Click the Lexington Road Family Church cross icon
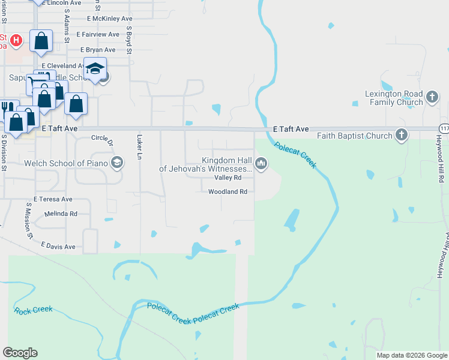(x=432, y=97)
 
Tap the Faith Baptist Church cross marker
(x=402, y=135)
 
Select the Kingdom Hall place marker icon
(x=261, y=163)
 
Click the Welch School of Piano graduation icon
(x=116, y=163)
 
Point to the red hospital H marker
(x=16, y=41)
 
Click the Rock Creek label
(x=34, y=310)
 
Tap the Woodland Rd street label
(x=228, y=192)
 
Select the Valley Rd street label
(x=228, y=178)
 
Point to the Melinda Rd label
(x=61, y=214)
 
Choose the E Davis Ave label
(x=58, y=246)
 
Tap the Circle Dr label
(x=103, y=138)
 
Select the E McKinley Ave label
(x=109, y=19)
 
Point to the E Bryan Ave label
(x=98, y=50)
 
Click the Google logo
(x=20, y=353)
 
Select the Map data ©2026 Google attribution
(x=412, y=355)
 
